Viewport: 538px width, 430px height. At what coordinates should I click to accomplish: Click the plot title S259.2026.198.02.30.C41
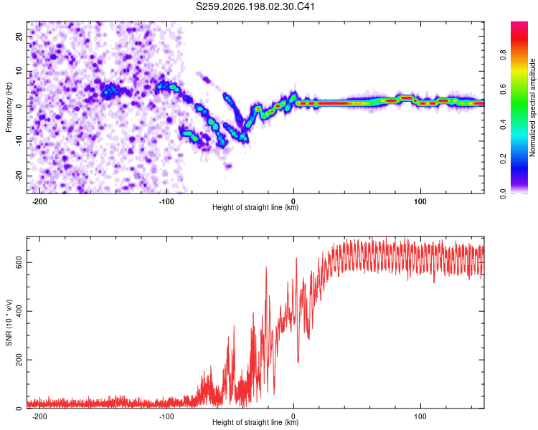255,6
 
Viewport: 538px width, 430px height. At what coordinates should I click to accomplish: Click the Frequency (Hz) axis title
9,107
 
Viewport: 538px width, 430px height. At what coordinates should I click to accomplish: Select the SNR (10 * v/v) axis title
9,322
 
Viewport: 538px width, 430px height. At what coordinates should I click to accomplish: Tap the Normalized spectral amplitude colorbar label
532,107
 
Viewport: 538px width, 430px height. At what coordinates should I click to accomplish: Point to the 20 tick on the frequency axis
19,36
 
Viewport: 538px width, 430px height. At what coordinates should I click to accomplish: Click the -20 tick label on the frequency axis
19,176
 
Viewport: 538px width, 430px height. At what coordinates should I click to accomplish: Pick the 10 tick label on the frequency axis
19,71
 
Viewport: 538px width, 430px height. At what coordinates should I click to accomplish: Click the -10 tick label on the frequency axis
19,141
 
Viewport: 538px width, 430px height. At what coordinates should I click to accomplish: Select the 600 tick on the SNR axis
19,263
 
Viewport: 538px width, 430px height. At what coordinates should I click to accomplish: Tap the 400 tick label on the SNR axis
19,311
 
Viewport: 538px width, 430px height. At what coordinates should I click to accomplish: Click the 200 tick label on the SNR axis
19,360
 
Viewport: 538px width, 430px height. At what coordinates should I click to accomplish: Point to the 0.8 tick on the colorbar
503,55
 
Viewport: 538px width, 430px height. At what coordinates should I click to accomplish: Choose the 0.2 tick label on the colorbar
503,159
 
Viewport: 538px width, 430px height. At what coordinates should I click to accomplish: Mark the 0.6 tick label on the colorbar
503,90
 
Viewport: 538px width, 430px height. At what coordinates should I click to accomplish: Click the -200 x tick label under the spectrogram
39,201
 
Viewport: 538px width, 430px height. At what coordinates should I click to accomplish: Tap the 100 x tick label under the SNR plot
420,416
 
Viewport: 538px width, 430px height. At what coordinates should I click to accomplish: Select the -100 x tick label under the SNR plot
166,416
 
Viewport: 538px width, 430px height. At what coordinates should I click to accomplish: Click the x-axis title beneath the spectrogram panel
255,207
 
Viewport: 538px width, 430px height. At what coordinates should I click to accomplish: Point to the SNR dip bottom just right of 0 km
298,362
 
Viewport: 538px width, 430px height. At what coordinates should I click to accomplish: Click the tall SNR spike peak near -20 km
266,267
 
